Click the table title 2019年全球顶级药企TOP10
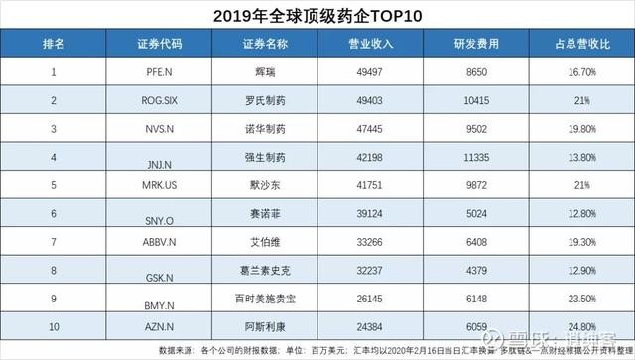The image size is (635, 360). click(317, 17)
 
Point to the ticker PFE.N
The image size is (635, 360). click(160, 73)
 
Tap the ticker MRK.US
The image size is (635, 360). click(161, 184)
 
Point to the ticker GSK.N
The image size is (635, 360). click(160, 269)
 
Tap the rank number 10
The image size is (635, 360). click(55, 323)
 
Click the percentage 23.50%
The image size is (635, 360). click(580, 296)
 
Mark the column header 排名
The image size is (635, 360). click(55, 45)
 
